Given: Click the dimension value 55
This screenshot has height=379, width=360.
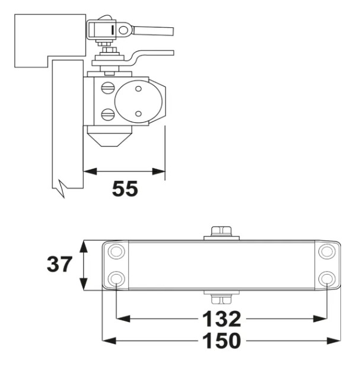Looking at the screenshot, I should point(125,188).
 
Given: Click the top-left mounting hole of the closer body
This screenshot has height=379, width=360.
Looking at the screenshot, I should point(116,251).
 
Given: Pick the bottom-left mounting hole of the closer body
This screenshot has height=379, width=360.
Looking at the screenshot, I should point(116,278).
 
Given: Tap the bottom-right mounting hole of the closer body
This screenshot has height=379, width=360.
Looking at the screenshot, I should point(327,278).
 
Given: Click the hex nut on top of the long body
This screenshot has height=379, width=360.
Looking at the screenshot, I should point(222,231).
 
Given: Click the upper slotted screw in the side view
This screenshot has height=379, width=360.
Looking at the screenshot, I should point(108,88).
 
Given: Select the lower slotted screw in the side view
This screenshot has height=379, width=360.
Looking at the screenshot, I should point(108,113).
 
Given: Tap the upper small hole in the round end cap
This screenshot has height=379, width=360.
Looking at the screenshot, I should point(138,89).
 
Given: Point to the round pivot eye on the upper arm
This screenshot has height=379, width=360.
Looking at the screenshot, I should point(124,28).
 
